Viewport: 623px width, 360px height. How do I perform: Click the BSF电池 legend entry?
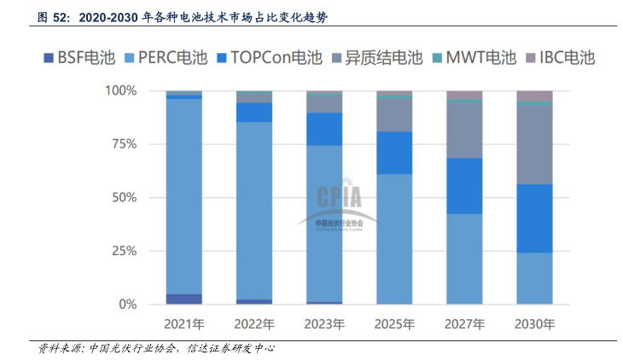coord(78,59)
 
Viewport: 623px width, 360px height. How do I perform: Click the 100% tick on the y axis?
coord(120,90)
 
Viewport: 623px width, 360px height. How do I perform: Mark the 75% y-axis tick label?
coord(124,144)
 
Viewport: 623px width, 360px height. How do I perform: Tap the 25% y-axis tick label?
coord(124,251)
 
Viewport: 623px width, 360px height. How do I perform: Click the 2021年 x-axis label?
coord(183,324)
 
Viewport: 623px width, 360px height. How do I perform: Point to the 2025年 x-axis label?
coord(394,324)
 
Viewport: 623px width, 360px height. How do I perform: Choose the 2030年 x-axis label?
coord(534,324)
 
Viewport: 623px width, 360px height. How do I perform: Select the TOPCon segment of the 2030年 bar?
coord(534,218)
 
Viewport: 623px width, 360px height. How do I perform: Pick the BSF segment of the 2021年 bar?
coord(183,299)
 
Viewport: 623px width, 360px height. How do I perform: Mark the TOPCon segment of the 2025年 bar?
coord(394,153)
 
